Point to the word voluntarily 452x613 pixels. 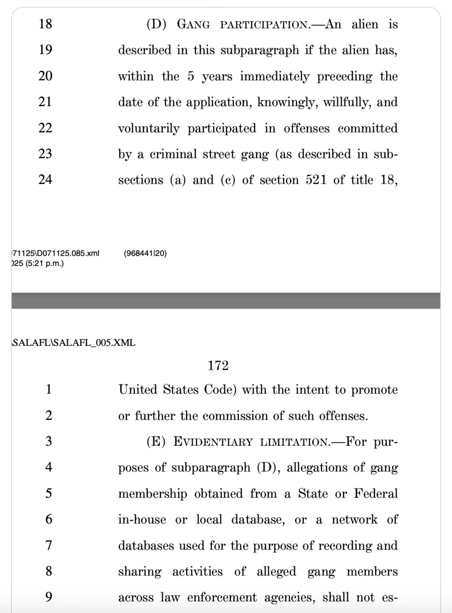149,129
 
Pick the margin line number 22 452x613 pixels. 45,128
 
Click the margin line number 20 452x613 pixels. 45,76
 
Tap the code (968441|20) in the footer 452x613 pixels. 145,253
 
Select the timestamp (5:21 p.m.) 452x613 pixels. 38,263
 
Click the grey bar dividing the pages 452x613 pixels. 226,300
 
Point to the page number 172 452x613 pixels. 218,366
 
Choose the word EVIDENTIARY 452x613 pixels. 213,442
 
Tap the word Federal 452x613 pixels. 376,494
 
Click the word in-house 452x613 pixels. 142,520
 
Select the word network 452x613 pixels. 354,520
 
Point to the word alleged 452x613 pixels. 276,572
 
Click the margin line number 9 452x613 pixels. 49,597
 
